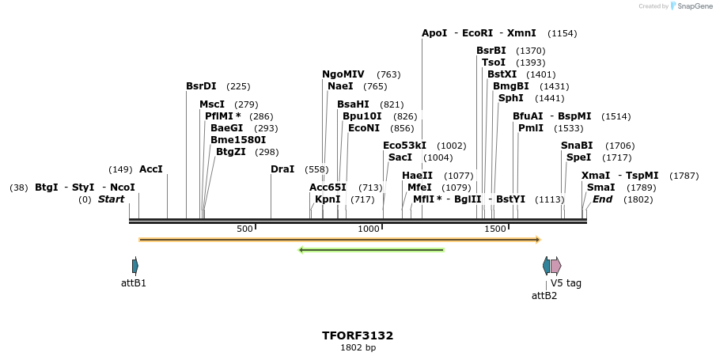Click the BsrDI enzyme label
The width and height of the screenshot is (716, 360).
pyautogui.click(x=201, y=86)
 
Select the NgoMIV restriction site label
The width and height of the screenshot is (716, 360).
pyautogui.click(x=343, y=74)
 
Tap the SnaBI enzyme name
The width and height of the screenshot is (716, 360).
pyautogui.click(x=576, y=146)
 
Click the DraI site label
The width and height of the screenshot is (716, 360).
pyautogui.click(x=282, y=169)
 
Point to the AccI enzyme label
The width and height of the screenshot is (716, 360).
pyautogui.click(x=150, y=169)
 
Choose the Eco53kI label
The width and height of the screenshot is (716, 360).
pyautogui.click(x=404, y=146)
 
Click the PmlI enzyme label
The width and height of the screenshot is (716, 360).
pyautogui.click(x=530, y=127)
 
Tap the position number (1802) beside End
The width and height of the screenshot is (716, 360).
pyautogui.click(x=638, y=199)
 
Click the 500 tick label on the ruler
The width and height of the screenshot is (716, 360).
pyautogui.click(x=244, y=229)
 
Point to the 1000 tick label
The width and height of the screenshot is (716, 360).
pyautogui.click(x=369, y=229)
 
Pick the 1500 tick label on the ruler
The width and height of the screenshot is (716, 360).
pyautogui.click(x=494, y=229)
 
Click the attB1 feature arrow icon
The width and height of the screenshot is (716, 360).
pyautogui.click(x=135, y=266)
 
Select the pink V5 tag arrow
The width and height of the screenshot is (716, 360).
pyautogui.click(x=556, y=266)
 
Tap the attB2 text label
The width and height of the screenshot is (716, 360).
pyautogui.click(x=544, y=296)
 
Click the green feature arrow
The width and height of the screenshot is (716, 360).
pyautogui.click(x=371, y=250)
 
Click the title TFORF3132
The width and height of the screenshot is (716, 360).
pyautogui.click(x=358, y=335)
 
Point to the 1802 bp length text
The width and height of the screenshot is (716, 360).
pyautogui.click(x=358, y=347)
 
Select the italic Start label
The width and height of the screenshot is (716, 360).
pyautogui.click(x=111, y=199)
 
